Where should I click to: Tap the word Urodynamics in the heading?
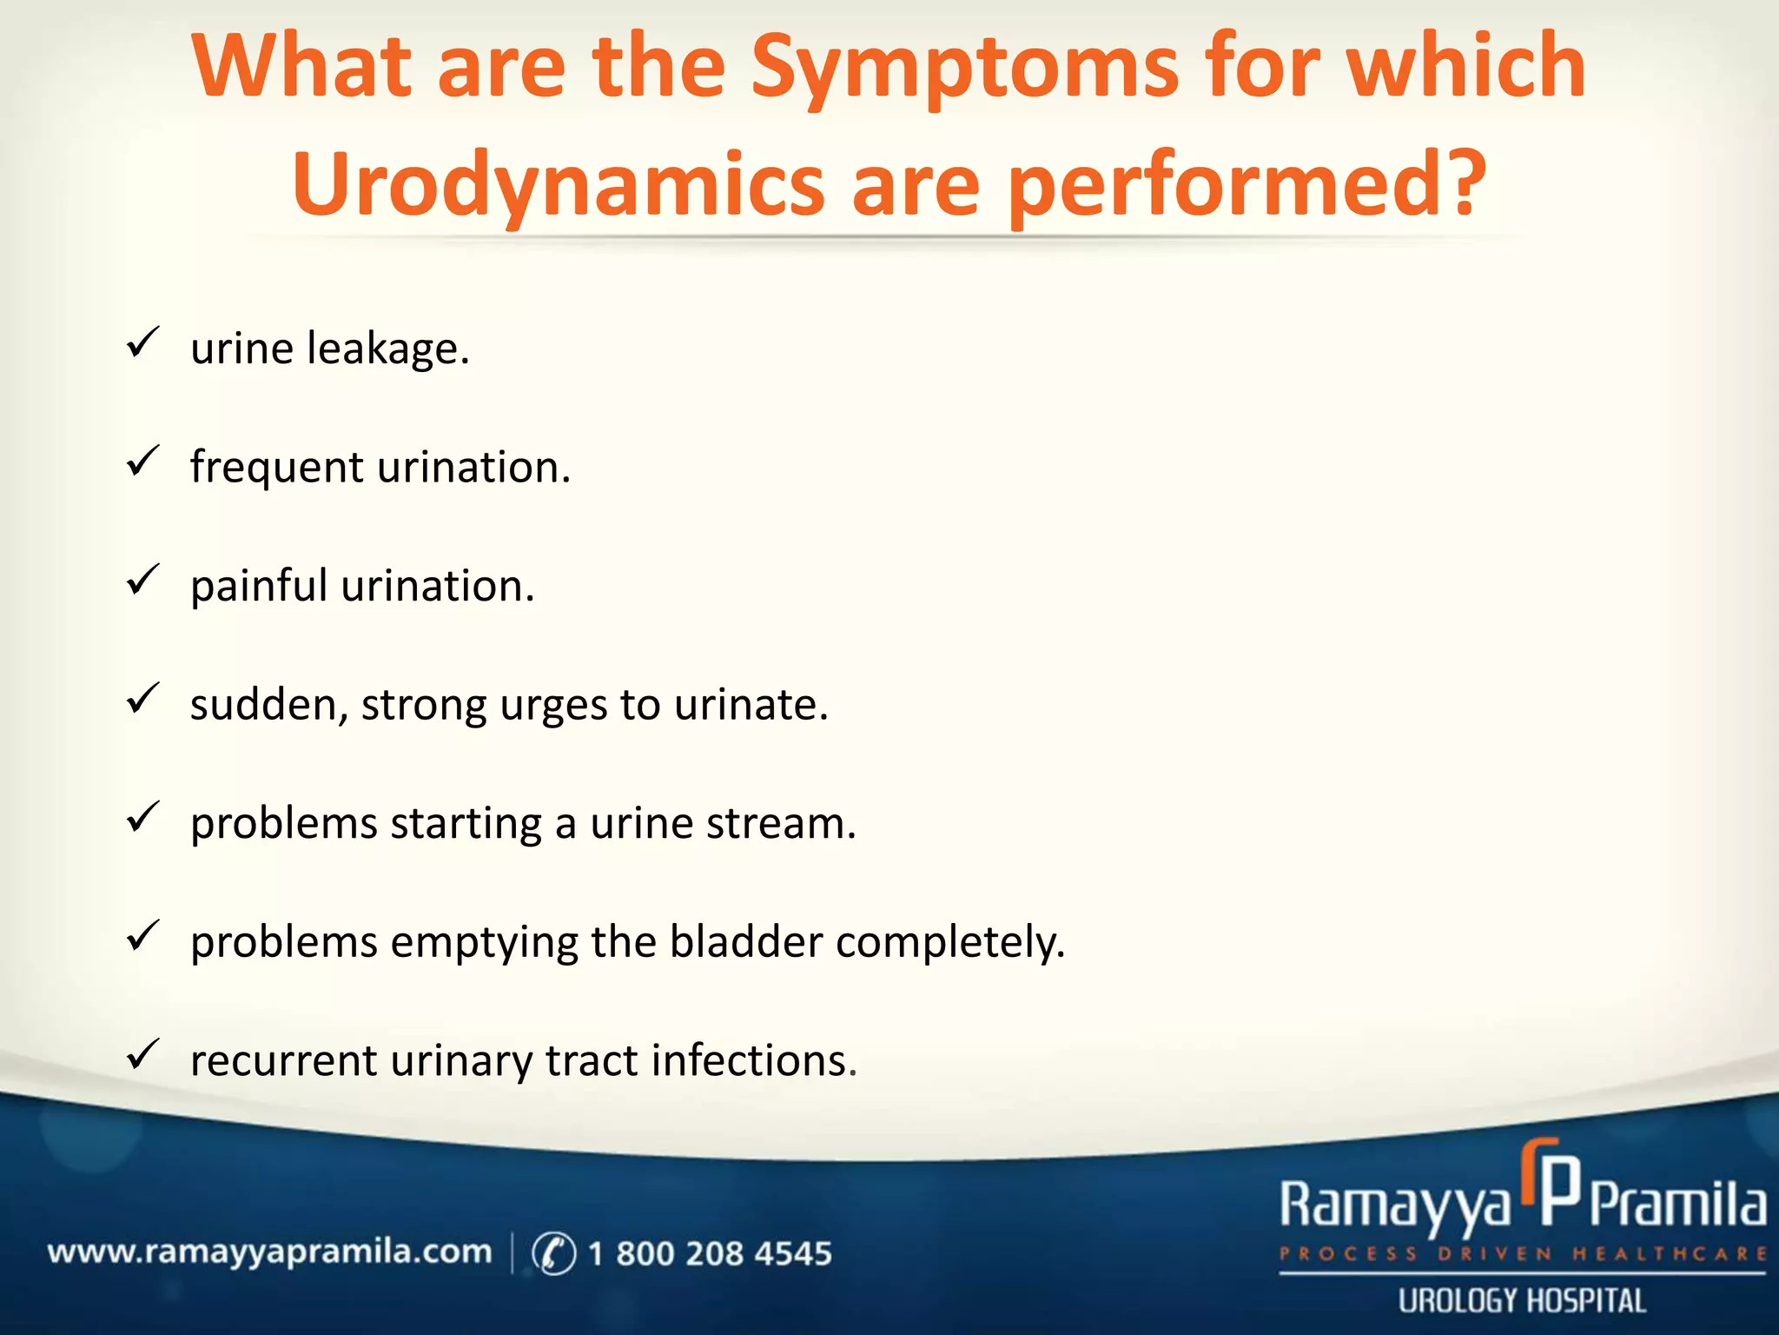point(558,185)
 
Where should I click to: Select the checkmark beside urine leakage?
point(142,342)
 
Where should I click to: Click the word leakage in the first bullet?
point(388,349)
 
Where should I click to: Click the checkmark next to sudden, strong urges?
point(142,698)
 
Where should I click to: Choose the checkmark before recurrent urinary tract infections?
point(142,1054)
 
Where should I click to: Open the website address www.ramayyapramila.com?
point(269,1253)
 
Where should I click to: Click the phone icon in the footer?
point(553,1253)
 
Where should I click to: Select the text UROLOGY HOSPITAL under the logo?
point(1522,1301)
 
